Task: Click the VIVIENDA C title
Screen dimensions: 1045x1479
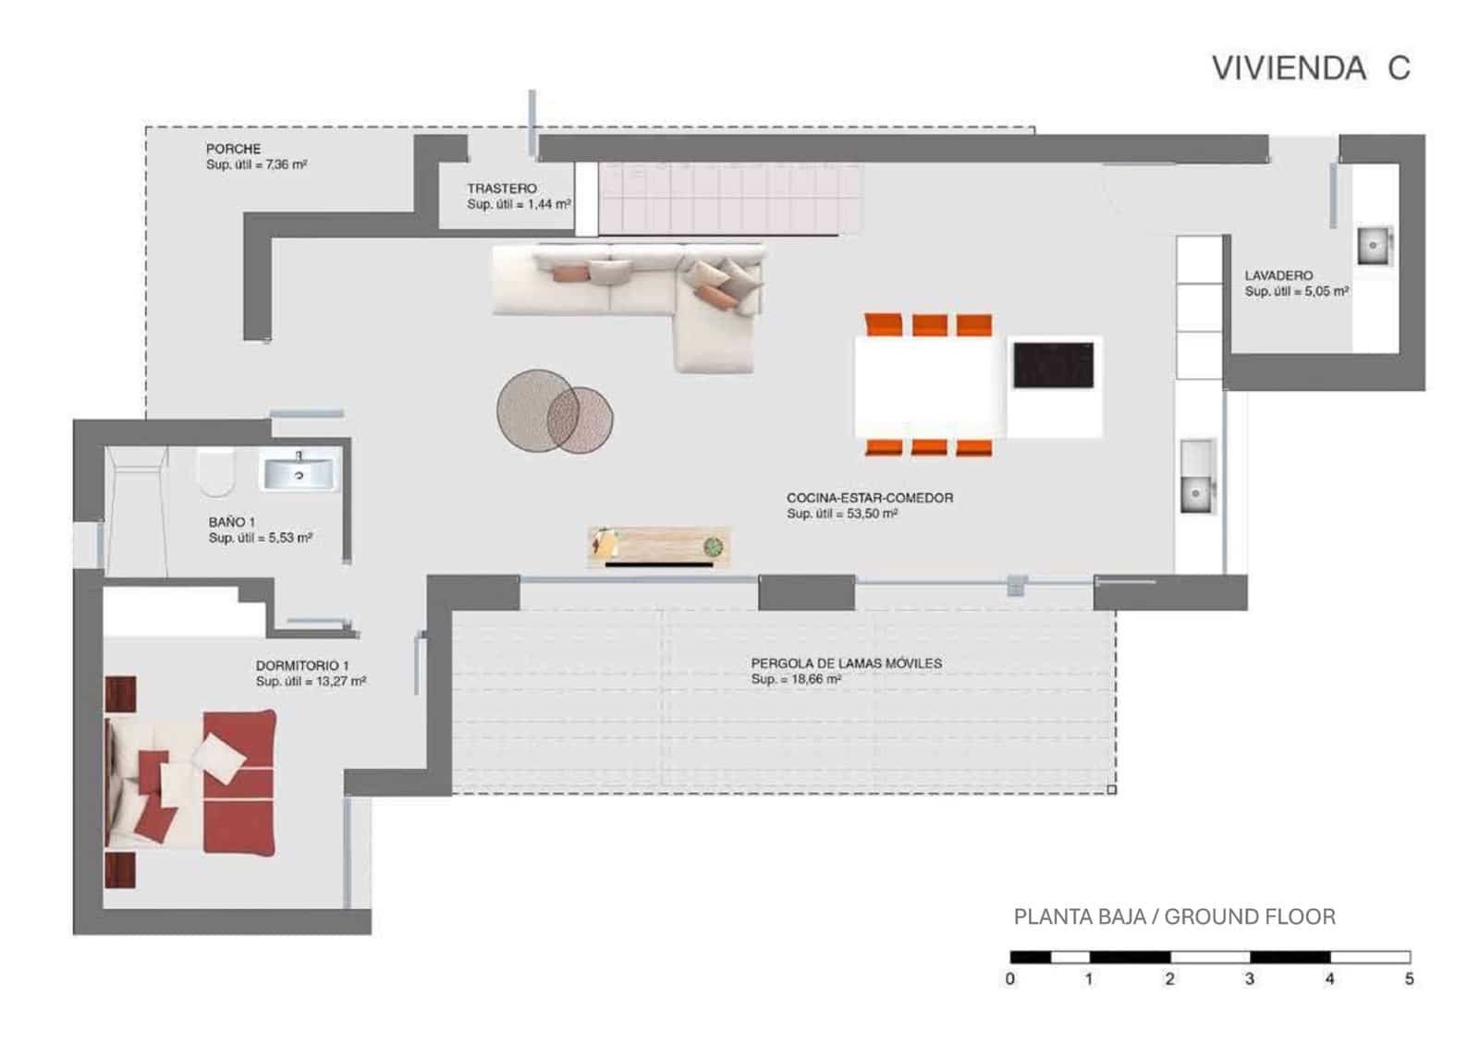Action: [1310, 68]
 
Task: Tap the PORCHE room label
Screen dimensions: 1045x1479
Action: [233, 149]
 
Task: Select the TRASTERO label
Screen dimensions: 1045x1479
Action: [501, 188]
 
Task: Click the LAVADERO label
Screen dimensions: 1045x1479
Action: [1278, 275]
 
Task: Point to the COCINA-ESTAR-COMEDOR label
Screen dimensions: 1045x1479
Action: [869, 498]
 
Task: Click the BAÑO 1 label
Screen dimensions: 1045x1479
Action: [231, 522]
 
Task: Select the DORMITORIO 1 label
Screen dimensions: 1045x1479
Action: [302, 665]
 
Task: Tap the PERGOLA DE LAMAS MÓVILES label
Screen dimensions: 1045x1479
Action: [846, 663]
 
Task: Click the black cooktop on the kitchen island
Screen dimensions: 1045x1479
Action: [1053, 365]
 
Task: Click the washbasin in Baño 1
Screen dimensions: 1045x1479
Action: [299, 473]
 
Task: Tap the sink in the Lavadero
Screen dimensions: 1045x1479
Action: [1374, 246]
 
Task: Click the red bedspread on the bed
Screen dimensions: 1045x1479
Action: [238, 782]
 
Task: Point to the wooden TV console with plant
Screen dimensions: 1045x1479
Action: [658, 547]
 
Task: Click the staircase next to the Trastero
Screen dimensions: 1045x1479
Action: [730, 199]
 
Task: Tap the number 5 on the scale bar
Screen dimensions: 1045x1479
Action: [1409, 978]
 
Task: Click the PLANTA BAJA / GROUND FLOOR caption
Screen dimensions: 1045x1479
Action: [1174, 917]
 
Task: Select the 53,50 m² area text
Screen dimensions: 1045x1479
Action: [872, 514]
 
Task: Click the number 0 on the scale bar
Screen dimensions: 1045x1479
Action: [1010, 978]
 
